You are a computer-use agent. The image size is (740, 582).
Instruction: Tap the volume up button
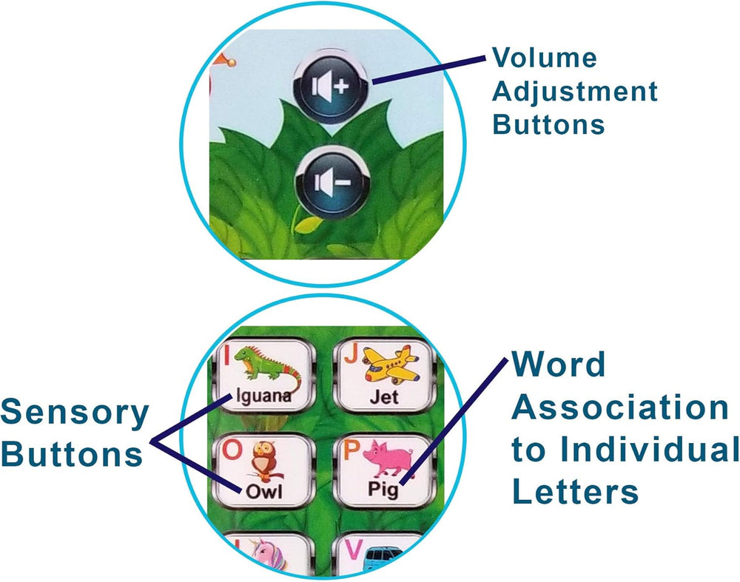tap(330, 86)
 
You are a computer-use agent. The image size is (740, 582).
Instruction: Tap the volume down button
tap(330, 181)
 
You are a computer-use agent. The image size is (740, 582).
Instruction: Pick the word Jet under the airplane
tap(384, 397)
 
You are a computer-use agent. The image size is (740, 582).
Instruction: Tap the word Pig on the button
tap(383, 490)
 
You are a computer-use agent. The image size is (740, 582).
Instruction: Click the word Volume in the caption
tap(545, 58)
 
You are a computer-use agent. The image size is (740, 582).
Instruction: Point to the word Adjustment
tap(574, 92)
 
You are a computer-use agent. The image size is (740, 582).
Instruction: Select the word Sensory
tap(75, 414)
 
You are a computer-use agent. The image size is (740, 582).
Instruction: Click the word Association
tap(619, 407)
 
